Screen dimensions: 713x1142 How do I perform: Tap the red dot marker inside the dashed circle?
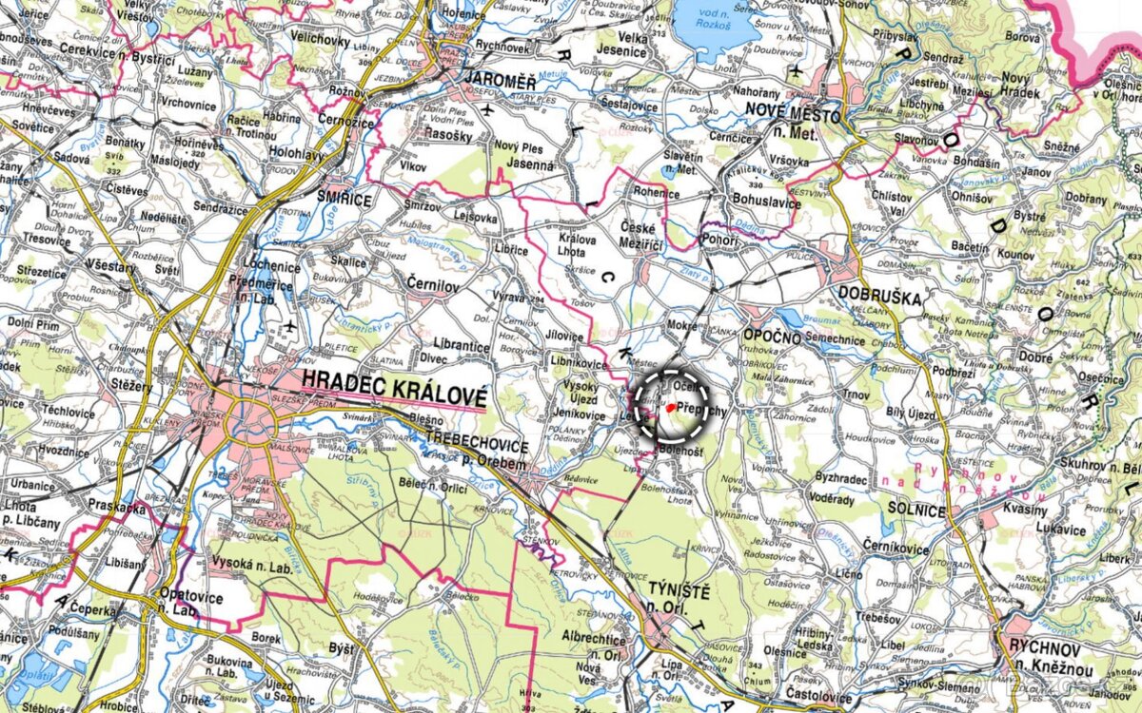(x=671, y=407)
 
